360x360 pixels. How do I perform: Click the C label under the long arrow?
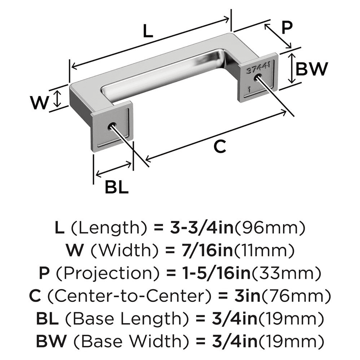(x=220, y=147)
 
